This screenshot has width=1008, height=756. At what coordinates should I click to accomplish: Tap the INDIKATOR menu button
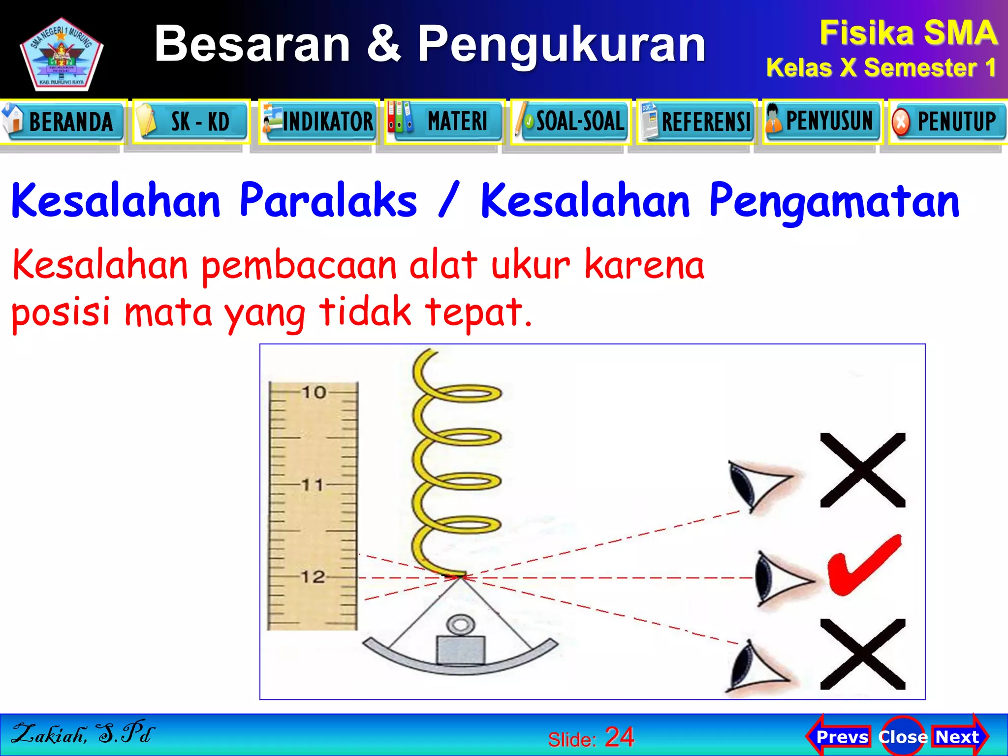pyautogui.click(x=319, y=122)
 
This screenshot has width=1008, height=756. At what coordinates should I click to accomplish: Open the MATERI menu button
pyautogui.click(x=445, y=122)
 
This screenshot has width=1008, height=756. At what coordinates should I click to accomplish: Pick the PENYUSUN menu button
pyautogui.click(x=823, y=122)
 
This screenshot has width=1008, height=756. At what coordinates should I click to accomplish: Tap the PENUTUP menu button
pyautogui.click(x=949, y=122)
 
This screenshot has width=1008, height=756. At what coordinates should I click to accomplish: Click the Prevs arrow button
pyautogui.click(x=840, y=737)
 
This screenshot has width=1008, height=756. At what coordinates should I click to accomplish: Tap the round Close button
pyautogui.click(x=902, y=737)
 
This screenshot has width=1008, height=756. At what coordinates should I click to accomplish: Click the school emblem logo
pyautogui.click(x=61, y=54)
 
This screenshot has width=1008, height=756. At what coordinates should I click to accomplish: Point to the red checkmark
pyautogui.click(x=864, y=566)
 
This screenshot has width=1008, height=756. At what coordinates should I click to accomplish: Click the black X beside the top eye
pyautogui.click(x=863, y=470)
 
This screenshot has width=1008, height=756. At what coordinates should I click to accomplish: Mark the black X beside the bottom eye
pyautogui.click(x=863, y=654)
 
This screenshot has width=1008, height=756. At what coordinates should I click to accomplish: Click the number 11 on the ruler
pyautogui.click(x=313, y=485)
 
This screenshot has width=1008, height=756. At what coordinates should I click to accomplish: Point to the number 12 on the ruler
pyautogui.click(x=313, y=577)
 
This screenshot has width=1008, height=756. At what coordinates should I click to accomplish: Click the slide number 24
pyautogui.click(x=619, y=737)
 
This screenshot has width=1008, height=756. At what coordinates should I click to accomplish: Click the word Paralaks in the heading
pyautogui.click(x=328, y=200)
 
